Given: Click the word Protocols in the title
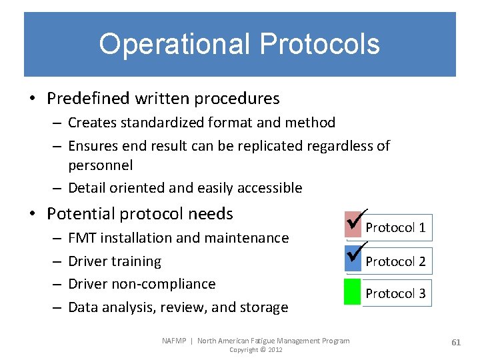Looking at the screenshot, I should pos(320,45).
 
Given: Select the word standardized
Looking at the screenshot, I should pos(160,123).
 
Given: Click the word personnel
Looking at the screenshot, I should pos(101,165).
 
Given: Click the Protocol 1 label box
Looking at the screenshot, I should pos(395,228).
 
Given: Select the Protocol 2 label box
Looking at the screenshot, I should pos(395,261).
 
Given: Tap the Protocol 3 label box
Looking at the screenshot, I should pos(395,293).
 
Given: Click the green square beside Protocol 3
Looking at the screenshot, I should pos(352,293).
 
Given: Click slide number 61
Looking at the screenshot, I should pos(456,342).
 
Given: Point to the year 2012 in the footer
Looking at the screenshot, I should pos(275,350).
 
